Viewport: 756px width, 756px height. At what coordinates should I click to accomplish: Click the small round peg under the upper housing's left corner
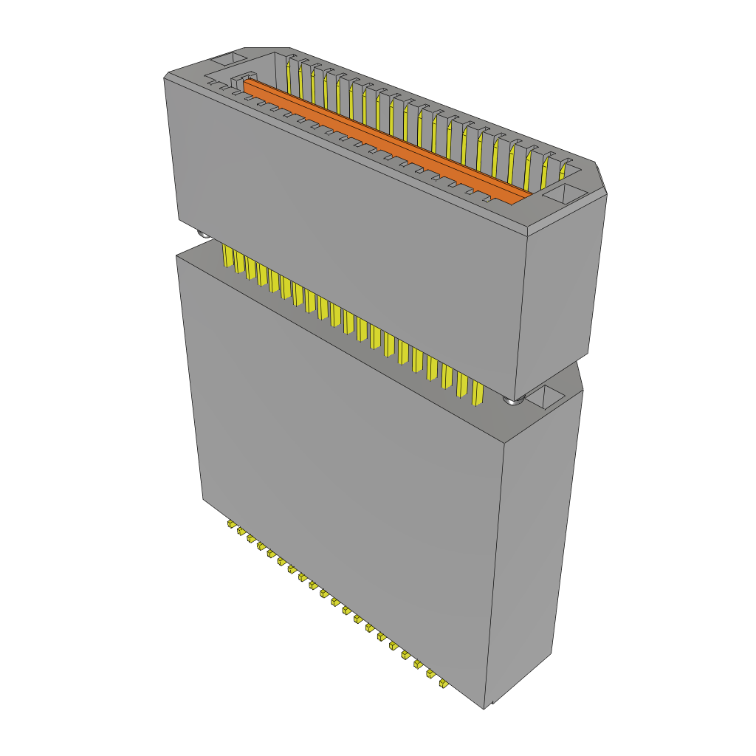point(202,234)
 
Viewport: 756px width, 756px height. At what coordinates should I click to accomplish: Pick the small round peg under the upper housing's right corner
point(513,401)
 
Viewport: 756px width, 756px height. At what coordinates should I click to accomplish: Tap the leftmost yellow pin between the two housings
point(227,256)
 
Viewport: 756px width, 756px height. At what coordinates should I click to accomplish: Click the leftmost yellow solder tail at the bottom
point(231,524)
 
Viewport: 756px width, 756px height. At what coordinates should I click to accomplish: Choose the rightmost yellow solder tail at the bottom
point(442,684)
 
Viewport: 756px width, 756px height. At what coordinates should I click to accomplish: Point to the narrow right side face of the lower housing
point(535,546)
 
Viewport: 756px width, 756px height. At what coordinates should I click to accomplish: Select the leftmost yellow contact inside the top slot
point(286,74)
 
